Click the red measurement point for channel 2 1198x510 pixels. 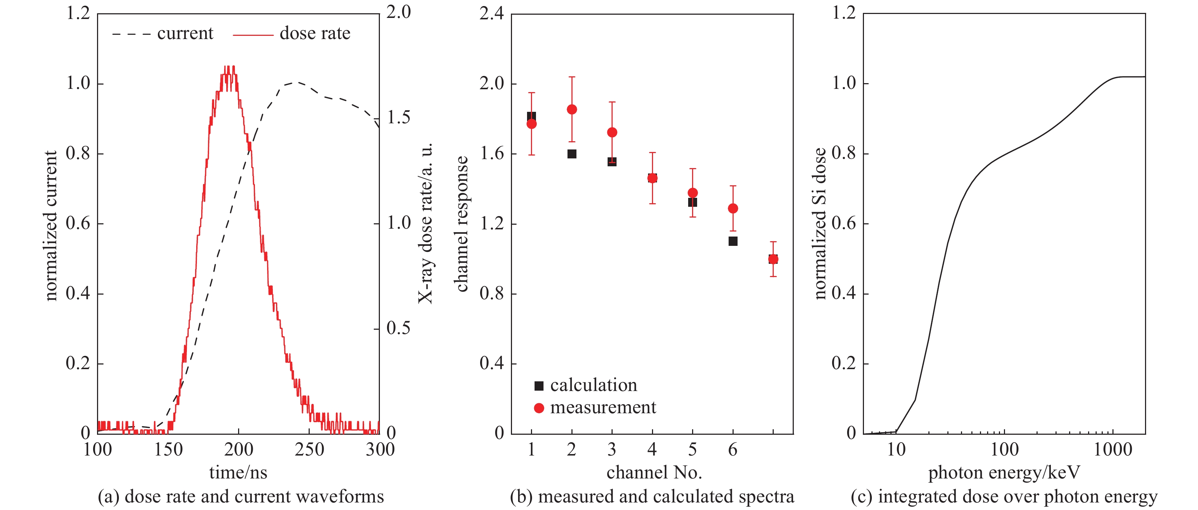[572, 109]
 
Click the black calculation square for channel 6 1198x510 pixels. [733, 241]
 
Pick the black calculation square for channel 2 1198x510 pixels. [572, 154]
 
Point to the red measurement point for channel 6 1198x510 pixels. [733, 209]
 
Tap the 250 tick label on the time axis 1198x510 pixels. [309, 449]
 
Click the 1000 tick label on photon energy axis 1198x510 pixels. [1113, 449]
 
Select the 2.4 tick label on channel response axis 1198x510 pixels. [492, 14]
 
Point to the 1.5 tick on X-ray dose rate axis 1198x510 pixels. [398, 118]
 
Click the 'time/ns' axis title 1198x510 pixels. [238, 473]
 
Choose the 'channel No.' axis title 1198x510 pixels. [654, 473]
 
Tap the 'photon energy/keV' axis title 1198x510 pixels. [1004, 473]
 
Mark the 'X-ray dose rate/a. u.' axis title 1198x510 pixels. [426, 223]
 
